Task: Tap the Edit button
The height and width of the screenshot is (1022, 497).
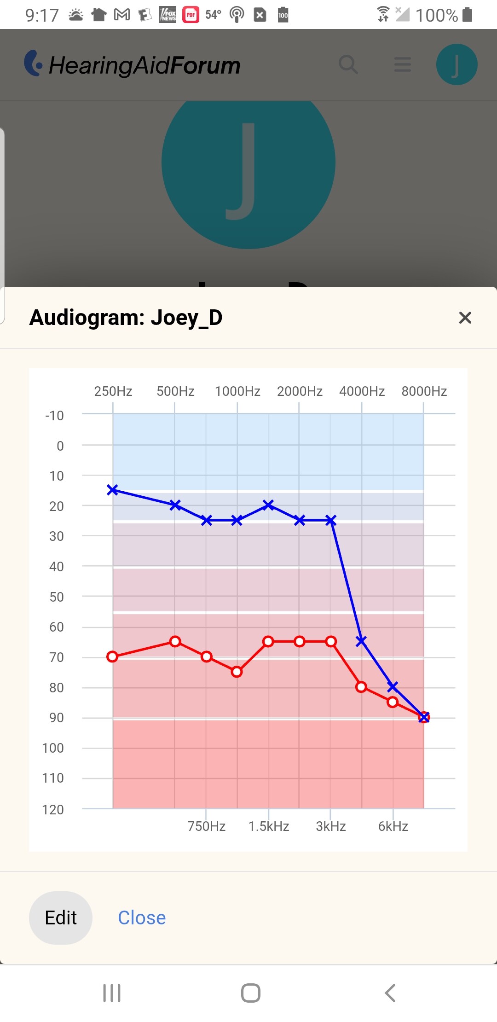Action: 61,917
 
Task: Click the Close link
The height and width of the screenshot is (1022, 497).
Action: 142,917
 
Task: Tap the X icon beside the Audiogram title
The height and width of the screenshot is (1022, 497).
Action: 465,318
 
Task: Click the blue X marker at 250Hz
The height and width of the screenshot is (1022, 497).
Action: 113,490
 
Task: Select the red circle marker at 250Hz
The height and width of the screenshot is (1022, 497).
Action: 112,656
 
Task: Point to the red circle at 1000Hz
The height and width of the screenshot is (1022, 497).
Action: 237,672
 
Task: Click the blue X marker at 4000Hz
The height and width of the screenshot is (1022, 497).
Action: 361,640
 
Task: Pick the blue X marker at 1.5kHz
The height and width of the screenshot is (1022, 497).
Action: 268,505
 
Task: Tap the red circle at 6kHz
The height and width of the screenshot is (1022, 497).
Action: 393,702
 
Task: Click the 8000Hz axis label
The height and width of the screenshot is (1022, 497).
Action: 424,391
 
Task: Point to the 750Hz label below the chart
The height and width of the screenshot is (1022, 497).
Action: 206,826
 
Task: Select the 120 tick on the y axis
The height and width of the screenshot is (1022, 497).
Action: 53,810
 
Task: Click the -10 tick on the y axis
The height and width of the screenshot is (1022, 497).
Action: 54,416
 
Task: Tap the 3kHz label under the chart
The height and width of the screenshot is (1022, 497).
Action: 330,826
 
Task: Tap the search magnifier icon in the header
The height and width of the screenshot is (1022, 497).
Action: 348,64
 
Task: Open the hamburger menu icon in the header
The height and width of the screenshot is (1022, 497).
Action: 403,64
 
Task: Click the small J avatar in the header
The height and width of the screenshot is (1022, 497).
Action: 457,64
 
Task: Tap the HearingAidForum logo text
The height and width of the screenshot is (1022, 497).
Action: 144,65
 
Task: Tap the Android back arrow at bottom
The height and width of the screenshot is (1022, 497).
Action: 390,993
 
